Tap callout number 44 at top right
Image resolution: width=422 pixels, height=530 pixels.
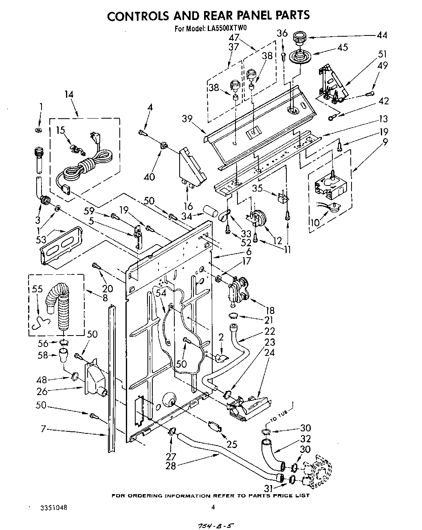[x=381, y=35]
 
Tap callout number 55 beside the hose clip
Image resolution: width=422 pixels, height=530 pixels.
[x=37, y=289]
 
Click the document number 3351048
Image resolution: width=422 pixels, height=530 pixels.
[x=54, y=508]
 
